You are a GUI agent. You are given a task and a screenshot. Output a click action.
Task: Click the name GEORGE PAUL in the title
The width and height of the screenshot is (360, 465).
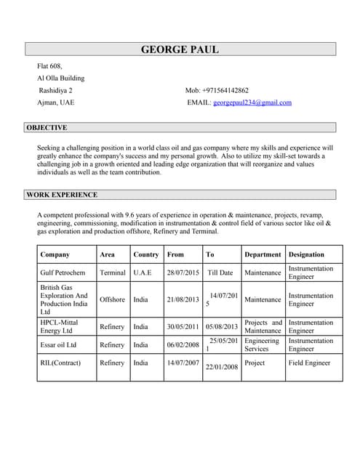180,49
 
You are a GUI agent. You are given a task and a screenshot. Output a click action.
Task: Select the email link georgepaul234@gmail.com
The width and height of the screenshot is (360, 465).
252,102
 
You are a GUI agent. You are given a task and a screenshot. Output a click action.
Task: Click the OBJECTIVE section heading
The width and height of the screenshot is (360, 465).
47,128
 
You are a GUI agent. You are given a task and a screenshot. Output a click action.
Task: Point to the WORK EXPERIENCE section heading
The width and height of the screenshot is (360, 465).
62,195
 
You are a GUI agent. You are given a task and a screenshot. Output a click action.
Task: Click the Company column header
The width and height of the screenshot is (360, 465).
55,255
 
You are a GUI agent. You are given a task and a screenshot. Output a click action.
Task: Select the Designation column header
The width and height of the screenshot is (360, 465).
306,255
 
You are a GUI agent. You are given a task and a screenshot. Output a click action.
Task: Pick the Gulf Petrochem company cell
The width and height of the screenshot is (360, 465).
63,273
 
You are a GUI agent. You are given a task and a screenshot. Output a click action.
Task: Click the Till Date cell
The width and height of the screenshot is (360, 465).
220,273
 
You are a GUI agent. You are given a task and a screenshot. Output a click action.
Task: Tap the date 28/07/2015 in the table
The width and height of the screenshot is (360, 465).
183,273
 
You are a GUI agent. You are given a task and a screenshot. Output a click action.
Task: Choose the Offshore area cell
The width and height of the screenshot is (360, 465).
112,299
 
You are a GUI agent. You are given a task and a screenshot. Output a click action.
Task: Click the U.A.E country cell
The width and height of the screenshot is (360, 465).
143,273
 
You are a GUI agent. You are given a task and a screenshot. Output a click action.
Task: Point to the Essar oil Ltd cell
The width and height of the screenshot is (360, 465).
58,345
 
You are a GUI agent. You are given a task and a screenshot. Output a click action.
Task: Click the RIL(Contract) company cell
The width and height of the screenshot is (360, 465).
60,363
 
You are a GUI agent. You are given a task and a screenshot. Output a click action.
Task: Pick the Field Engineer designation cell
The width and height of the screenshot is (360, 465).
309,363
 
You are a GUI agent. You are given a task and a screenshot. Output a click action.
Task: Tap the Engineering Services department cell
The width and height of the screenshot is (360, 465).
262,344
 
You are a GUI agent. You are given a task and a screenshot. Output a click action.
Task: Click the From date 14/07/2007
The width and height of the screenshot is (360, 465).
183,363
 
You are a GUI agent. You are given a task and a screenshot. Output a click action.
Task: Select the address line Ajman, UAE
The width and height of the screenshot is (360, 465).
55,102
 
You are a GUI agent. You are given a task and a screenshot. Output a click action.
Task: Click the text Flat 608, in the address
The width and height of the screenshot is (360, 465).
52,66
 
